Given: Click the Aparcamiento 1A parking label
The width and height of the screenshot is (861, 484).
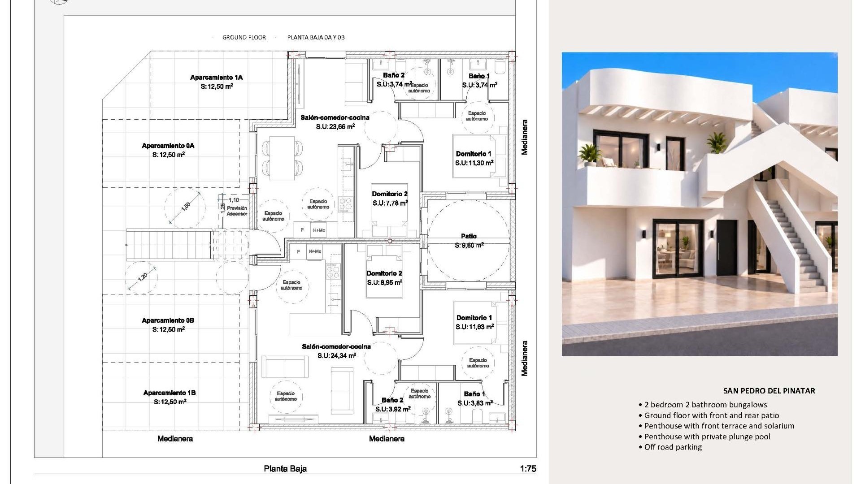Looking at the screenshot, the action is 216,78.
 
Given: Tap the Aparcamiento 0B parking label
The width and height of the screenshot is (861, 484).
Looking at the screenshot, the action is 168,320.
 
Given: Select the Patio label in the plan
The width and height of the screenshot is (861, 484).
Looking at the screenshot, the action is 469,236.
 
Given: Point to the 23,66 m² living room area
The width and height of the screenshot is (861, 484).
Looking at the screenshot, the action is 335,127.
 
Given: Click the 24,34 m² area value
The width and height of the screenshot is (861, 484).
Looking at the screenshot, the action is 337,356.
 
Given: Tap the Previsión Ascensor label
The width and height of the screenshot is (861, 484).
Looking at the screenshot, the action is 237,211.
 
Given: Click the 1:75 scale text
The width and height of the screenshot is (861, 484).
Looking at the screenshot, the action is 528,469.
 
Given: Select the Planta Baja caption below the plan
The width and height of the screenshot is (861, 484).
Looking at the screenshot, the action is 285,469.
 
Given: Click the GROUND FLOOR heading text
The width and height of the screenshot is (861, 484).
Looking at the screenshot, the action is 244,38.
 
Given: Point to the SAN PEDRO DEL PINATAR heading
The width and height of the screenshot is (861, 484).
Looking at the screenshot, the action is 769,391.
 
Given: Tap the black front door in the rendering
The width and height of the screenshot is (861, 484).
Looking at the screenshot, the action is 726,248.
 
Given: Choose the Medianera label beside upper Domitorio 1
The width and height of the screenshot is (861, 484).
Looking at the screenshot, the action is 525,137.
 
